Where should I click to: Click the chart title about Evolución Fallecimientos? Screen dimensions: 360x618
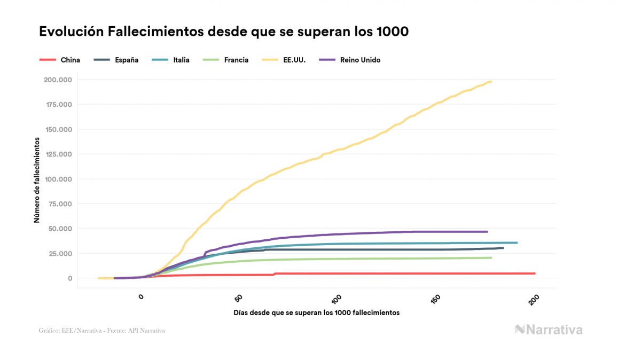click(x=224, y=32)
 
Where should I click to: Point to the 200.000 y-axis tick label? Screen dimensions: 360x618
click(x=58, y=80)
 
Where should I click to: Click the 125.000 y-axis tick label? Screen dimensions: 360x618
click(x=58, y=154)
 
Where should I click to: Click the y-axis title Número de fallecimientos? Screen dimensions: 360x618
click(x=37, y=179)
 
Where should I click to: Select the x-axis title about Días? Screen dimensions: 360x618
click(x=316, y=312)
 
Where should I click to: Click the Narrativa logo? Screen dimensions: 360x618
click(x=549, y=330)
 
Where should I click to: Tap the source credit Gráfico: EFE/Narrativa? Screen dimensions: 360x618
click(x=101, y=331)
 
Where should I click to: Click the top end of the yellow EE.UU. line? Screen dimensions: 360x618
click(x=490, y=82)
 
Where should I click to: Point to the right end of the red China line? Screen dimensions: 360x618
click(x=534, y=273)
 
